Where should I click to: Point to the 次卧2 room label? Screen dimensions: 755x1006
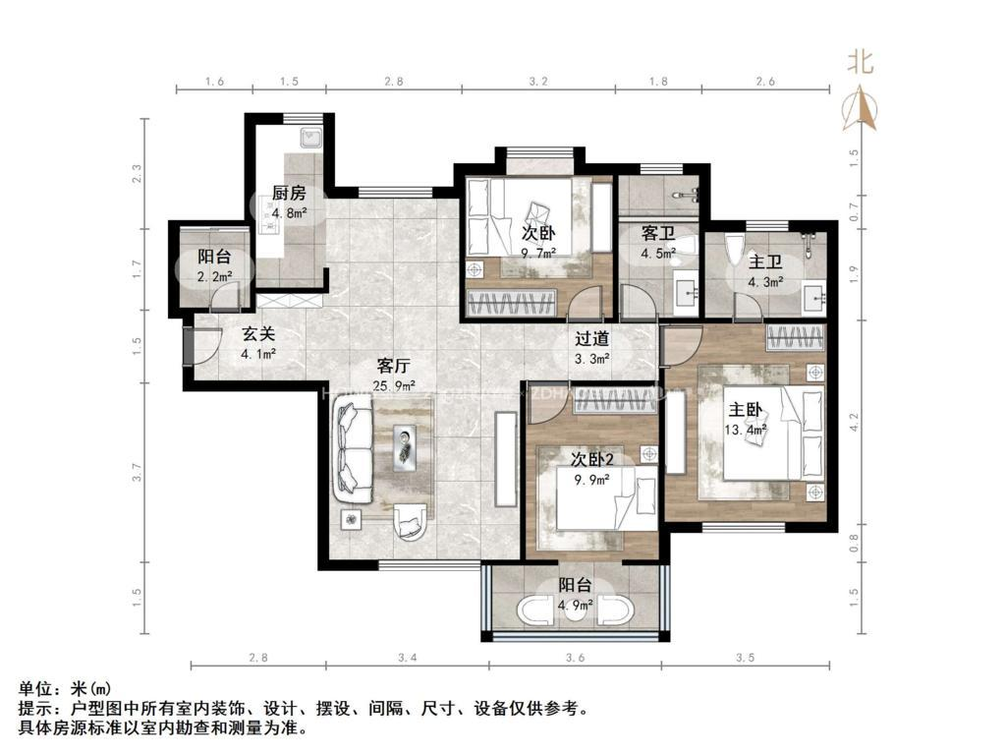pyautogui.click(x=591, y=459)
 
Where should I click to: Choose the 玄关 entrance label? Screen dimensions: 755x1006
pyautogui.click(x=258, y=333)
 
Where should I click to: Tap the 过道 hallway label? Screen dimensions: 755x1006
pyautogui.click(x=591, y=339)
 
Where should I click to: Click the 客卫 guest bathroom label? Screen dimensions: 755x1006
pyautogui.click(x=656, y=234)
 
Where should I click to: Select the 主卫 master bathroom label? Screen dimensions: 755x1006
pyautogui.click(x=763, y=261)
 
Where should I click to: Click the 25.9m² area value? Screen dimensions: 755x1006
pyautogui.click(x=394, y=386)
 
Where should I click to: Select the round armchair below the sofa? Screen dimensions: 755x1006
pyautogui.click(x=411, y=520)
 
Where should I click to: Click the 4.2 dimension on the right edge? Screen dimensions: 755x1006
pyautogui.click(x=854, y=423)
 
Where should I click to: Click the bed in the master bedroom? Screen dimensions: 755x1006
pyautogui.click(x=772, y=432)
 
